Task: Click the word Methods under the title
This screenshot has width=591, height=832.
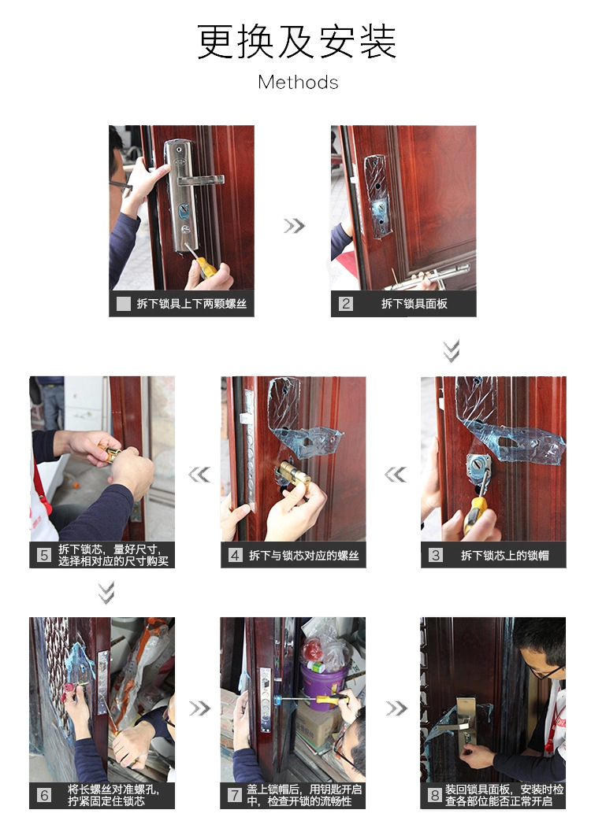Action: (298, 82)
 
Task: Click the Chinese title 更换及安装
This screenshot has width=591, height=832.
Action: (297, 42)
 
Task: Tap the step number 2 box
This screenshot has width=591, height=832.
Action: (346, 304)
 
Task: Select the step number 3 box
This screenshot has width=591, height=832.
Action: (436, 555)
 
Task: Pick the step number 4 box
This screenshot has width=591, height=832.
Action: (236, 555)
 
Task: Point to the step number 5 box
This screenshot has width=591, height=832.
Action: (44, 555)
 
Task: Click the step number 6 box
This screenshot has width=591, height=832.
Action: (44, 795)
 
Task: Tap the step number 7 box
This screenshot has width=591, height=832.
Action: (235, 795)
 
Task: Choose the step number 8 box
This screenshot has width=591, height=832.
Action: (435, 795)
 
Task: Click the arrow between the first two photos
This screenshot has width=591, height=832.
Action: (294, 226)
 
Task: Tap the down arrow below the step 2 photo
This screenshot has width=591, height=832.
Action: (452, 351)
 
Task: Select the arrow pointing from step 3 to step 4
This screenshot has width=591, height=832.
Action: (396, 475)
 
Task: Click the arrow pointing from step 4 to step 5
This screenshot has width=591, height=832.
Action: (199, 475)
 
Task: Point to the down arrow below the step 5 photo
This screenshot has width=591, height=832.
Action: (106, 593)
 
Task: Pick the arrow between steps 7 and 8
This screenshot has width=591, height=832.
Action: (396, 708)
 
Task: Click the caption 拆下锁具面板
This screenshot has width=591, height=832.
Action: (414, 304)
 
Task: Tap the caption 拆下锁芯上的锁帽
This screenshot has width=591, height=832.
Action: (504, 556)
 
